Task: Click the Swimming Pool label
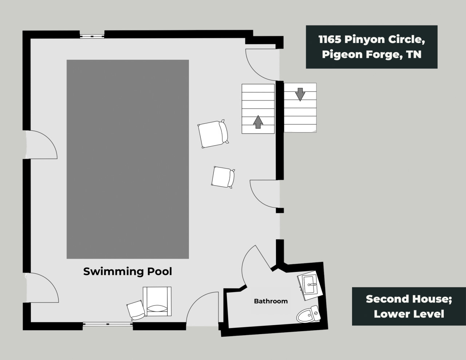tap(127, 272)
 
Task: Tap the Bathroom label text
tap(271, 301)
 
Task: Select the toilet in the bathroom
tap(309, 314)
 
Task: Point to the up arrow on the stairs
tap(258, 122)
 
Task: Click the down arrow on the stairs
tap(300, 94)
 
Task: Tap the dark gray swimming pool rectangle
tap(128, 159)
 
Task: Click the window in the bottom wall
tap(108, 324)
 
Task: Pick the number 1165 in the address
tap(330, 39)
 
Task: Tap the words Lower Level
tap(409, 314)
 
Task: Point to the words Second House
tap(409, 299)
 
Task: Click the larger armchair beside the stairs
tap(213, 134)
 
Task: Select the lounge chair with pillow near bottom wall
tap(157, 301)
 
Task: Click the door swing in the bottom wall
tap(202, 309)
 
